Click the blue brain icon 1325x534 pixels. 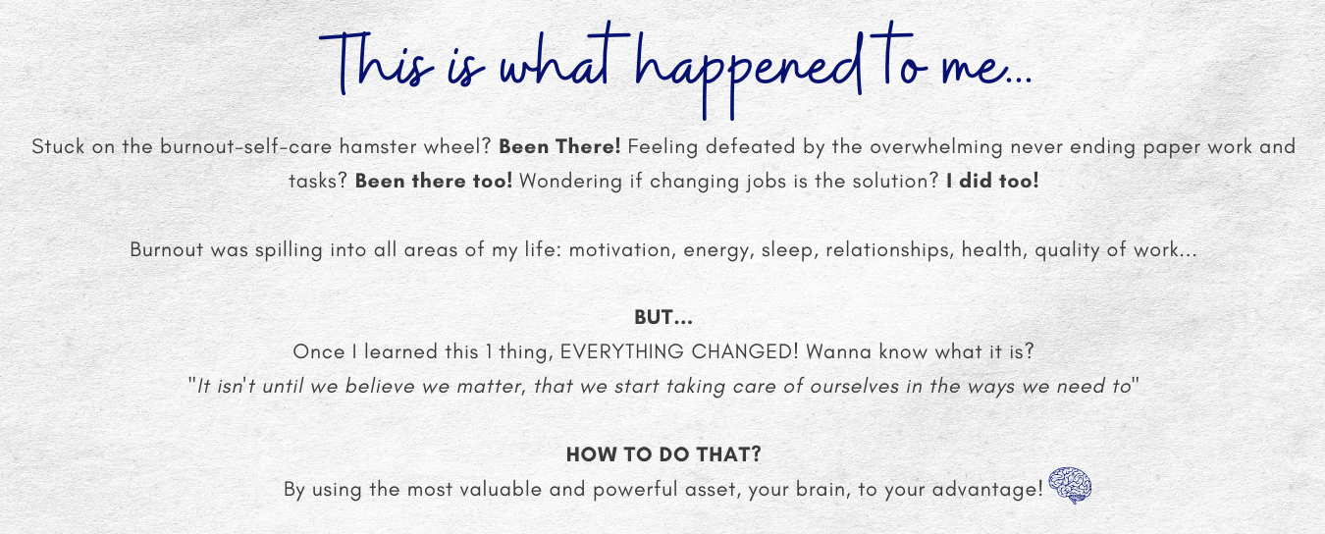[1070, 486]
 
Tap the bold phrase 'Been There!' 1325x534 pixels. [559, 146]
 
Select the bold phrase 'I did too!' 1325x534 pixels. [992, 181]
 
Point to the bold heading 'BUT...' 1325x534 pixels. [663, 318]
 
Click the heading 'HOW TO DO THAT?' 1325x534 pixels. [663, 454]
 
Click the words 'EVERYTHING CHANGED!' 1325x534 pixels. [679, 351]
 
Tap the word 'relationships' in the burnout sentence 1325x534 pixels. [889, 250]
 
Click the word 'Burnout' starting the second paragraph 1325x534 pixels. [167, 249]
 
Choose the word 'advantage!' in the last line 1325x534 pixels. [987, 490]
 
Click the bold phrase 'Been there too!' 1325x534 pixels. [434, 181]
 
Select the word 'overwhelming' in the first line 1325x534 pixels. [935, 147]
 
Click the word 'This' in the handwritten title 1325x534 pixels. [377, 62]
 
